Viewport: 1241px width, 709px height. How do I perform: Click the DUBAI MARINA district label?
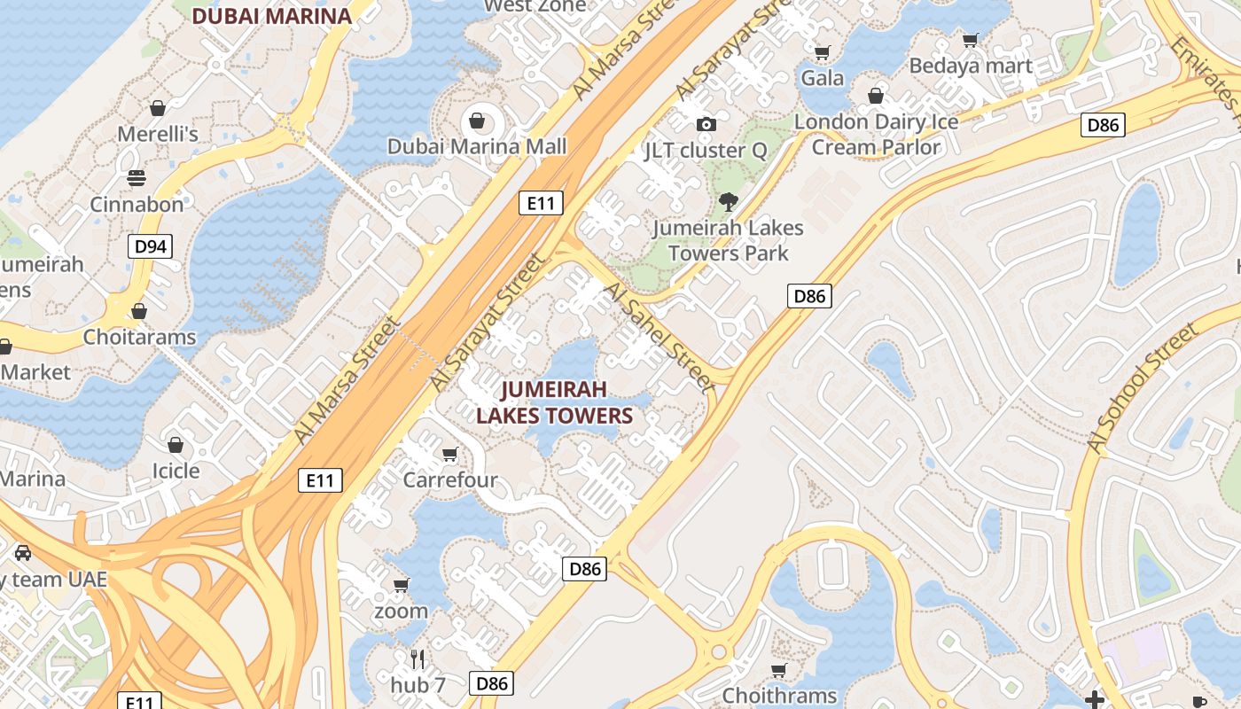[x=271, y=15]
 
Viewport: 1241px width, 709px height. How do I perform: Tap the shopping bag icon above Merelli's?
[x=158, y=108]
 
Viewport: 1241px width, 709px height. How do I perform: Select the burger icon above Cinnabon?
[x=137, y=178]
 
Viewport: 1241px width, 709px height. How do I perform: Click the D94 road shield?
[x=150, y=246]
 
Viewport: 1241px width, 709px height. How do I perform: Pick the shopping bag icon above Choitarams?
[x=139, y=311]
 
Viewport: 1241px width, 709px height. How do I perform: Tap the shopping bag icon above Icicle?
[x=176, y=444]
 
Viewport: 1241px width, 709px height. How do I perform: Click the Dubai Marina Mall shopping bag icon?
[x=477, y=120]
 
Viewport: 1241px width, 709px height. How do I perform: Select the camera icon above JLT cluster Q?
[x=706, y=124]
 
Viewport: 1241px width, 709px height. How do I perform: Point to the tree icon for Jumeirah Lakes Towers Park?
[x=728, y=202]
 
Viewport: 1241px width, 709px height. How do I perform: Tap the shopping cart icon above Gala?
[x=822, y=52]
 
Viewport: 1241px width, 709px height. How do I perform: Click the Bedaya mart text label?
[x=971, y=66]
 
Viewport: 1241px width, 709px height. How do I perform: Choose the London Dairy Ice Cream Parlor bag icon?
[x=876, y=96]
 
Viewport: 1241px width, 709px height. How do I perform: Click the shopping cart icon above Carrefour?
[x=449, y=455]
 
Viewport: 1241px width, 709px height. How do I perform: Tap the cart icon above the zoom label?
[x=401, y=585]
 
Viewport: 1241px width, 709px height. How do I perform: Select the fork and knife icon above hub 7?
[x=418, y=658]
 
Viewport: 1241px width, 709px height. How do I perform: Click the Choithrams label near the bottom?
[x=779, y=695]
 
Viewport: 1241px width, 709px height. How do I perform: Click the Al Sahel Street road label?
[x=658, y=338]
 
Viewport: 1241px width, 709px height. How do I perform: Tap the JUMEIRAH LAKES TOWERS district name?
[x=554, y=402]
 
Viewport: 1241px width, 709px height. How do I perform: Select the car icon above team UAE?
[x=23, y=552]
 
